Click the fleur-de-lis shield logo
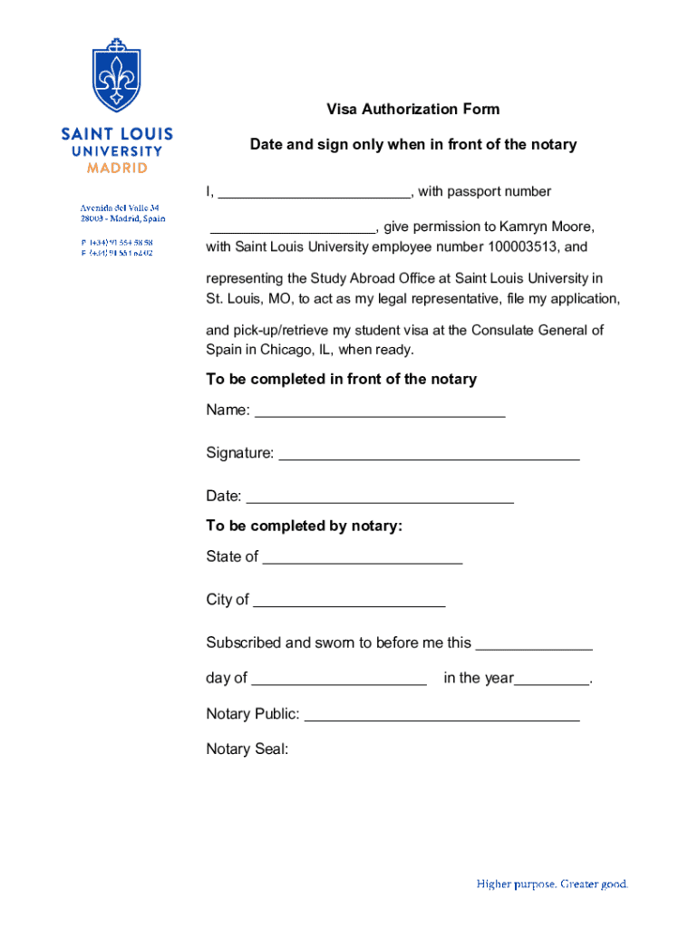[117, 76]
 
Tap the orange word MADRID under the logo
[117, 168]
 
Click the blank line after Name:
[380, 412]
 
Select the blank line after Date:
[380, 498]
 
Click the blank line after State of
[363, 559]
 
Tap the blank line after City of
[349, 603]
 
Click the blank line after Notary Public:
[441, 717]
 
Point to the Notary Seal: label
[247, 749]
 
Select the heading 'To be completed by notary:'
[304, 526]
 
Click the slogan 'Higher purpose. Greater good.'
[552, 884]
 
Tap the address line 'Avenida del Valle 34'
[119, 208]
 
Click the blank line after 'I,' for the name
[315, 194]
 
